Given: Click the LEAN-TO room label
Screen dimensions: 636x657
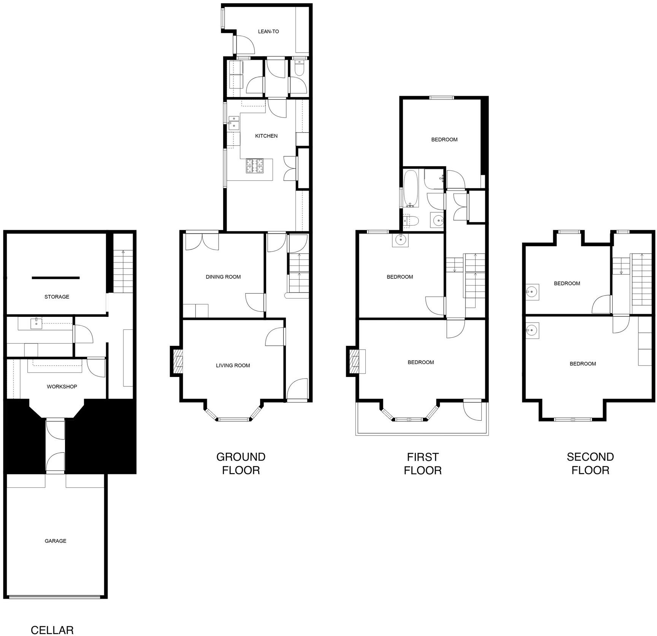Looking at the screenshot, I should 268,32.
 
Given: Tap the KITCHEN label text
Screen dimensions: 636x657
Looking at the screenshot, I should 266,136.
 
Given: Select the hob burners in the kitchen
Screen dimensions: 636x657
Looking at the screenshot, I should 255,165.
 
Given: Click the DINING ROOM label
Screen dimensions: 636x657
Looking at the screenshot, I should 223,277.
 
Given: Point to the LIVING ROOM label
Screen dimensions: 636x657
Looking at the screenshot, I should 233,366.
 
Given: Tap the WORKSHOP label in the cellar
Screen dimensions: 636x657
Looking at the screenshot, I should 62,386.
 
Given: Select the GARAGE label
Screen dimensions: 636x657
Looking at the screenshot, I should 56,541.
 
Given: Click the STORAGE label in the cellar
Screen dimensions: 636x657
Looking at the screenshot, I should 57,297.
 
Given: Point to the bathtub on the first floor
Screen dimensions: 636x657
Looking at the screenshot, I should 411,189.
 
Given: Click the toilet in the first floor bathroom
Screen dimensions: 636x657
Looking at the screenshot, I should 411,221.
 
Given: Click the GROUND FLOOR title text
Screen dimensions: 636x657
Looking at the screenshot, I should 241,463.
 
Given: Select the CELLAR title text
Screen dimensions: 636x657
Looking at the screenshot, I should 52,630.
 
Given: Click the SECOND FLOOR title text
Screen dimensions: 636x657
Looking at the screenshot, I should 590,463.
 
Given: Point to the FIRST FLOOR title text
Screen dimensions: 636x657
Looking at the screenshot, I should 423,463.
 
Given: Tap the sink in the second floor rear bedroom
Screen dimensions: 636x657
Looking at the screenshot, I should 532,292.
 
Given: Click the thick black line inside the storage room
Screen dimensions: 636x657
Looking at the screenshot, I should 56,278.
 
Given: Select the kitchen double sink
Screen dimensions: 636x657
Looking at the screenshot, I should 233,123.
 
